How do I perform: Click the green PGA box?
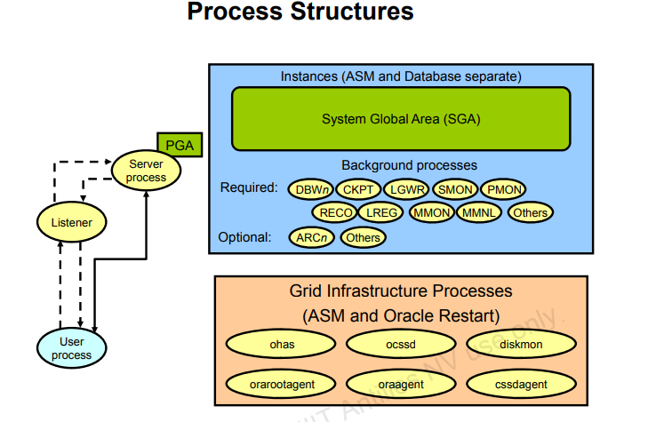point(180,144)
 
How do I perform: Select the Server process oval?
point(147,171)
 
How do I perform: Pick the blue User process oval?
point(71,348)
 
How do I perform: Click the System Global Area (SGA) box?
point(401,118)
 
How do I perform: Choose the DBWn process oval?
point(312,189)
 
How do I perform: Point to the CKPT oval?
point(359,189)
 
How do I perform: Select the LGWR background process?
point(408,189)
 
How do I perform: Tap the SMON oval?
point(455,189)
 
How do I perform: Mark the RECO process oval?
point(335,212)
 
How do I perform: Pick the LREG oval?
point(382,212)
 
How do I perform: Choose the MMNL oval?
point(480,212)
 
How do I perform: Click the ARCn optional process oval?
point(313,237)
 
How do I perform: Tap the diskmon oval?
point(520,344)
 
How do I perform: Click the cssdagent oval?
point(520,384)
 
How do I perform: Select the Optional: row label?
point(244,237)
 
